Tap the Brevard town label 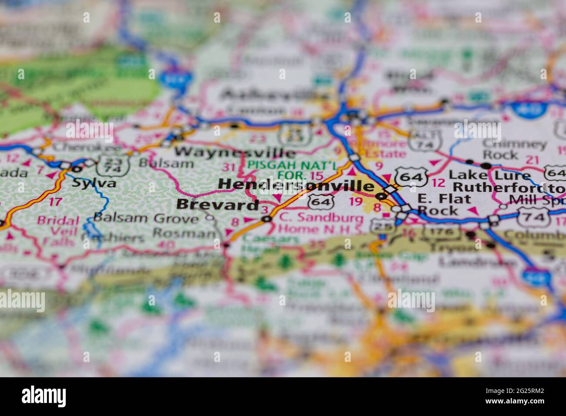[218, 205]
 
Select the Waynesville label [235, 152]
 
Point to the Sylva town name [94, 182]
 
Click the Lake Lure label [490, 175]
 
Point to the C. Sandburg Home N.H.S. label [321, 223]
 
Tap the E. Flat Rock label [444, 205]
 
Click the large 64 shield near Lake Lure [410, 176]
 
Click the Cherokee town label [72, 147]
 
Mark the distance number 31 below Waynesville [229, 166]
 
